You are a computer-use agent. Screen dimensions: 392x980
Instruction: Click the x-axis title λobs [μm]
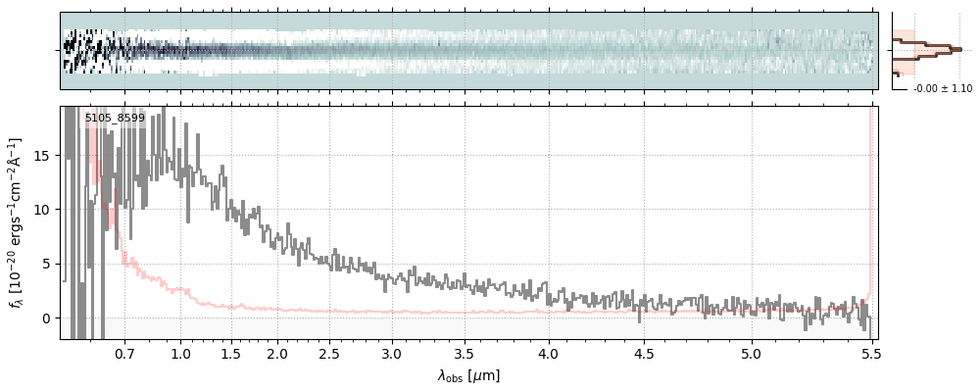pyautogui.click(x=468, y=375)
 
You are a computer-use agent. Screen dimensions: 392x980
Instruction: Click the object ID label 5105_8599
pyautogui.click(x=115, y=119)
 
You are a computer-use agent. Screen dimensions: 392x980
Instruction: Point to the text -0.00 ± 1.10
pyautogui.click(x=942, y=89)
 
